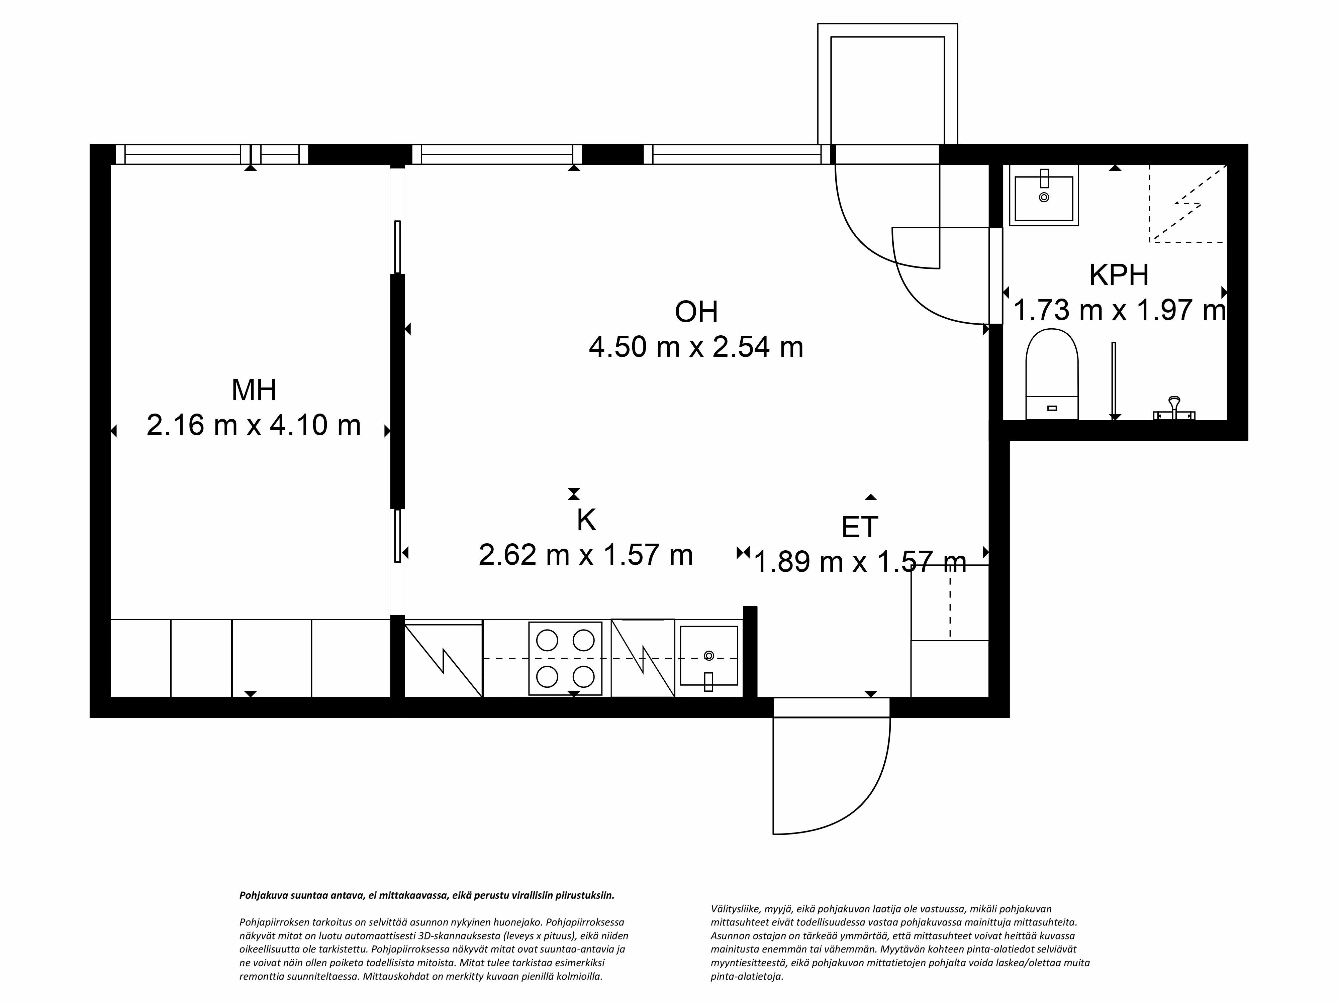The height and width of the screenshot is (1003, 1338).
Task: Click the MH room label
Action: pos(254,391)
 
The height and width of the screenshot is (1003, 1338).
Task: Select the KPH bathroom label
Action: pos(1119,276)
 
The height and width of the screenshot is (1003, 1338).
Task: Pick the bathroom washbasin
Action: pos(1043,198)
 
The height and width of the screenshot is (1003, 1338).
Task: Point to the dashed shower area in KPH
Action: pos(1187,203)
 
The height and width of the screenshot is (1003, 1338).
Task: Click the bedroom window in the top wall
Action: pos(212,155)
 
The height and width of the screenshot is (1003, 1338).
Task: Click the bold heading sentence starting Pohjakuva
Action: pos(426,895)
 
